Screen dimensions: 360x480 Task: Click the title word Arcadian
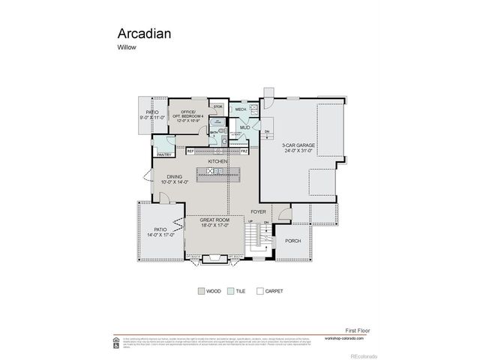(x=143, y=34)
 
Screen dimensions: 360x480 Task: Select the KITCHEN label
(x=218, y=161)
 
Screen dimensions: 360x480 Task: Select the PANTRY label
(x=164, y=154)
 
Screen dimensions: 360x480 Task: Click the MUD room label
(x=244, y=127)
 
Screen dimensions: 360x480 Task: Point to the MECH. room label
(x=241, y=110)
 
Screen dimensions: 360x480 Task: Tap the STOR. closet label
(x=217, y=107)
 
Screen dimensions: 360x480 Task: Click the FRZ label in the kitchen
(x=244, y=151)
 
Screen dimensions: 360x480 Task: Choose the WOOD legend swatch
(x=201, y=290)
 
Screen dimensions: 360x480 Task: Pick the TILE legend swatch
(x=229, y=290)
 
